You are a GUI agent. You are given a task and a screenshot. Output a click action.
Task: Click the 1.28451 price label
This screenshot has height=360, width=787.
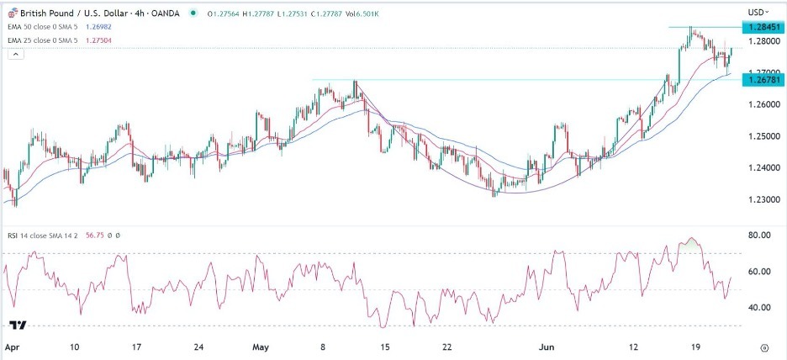(762, 27)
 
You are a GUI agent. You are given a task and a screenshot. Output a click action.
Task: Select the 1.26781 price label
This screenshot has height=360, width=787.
(762, 79)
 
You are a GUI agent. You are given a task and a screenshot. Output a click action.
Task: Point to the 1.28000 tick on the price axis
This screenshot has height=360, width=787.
(762, 40)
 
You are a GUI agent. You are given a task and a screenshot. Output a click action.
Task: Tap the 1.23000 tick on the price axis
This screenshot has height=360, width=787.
(762, 199)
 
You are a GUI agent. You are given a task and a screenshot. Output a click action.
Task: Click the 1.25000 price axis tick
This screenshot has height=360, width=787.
(762, 135)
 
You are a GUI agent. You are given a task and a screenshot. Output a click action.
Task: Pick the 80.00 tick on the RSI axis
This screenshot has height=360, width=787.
(760, 236)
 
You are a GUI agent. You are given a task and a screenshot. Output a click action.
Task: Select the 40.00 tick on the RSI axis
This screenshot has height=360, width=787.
(760, 307)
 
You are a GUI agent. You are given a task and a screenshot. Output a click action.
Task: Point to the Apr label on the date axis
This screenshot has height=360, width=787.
(12, 347)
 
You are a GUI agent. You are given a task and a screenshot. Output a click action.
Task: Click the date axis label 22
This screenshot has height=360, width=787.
(447, 347)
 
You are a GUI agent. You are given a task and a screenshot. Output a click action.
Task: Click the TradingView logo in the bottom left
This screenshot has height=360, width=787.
(17, 325)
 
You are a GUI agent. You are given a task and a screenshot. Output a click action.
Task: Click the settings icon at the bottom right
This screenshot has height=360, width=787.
(763, 346)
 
